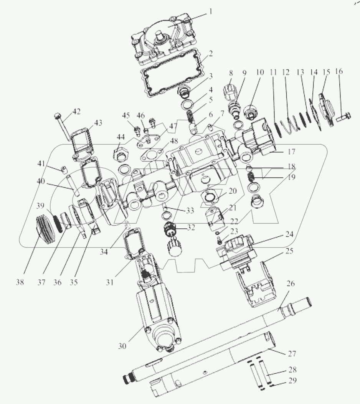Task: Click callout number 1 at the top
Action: pos(210,12)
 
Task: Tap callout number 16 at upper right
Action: pos(339,72)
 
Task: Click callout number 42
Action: pos(76,112)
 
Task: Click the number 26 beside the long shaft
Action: pos(291,284)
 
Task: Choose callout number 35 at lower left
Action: pos(74,283)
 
